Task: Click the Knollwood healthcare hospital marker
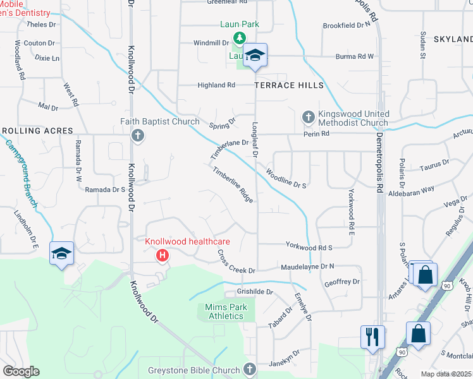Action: tap(163, 255)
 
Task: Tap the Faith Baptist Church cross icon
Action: tap(137, 135)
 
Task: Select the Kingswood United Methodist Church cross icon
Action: tap(308, 117)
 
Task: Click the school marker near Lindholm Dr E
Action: tap(61, 253)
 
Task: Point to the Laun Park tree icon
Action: tap(240, 37)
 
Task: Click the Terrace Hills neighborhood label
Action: tap(289, 85)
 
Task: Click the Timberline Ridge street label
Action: tap(233, 184)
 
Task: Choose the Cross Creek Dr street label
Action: tap(236, 262)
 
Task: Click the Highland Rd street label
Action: tap(216, 85)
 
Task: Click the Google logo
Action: tap(21, 371)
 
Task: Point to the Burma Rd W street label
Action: tap(354, 56)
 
